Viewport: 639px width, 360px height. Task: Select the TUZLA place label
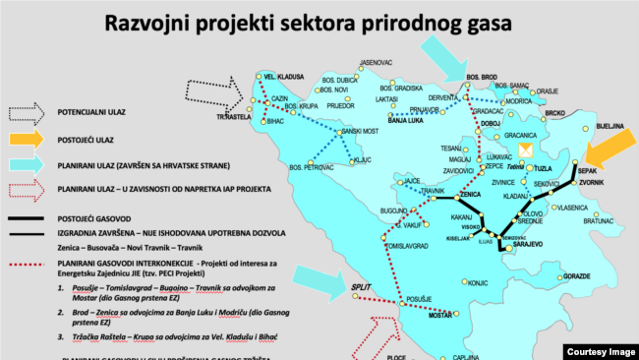tap(544, 169)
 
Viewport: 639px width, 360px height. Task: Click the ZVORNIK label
tap(592, 183)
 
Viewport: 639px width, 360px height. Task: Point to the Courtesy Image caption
tap(601, 351)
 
